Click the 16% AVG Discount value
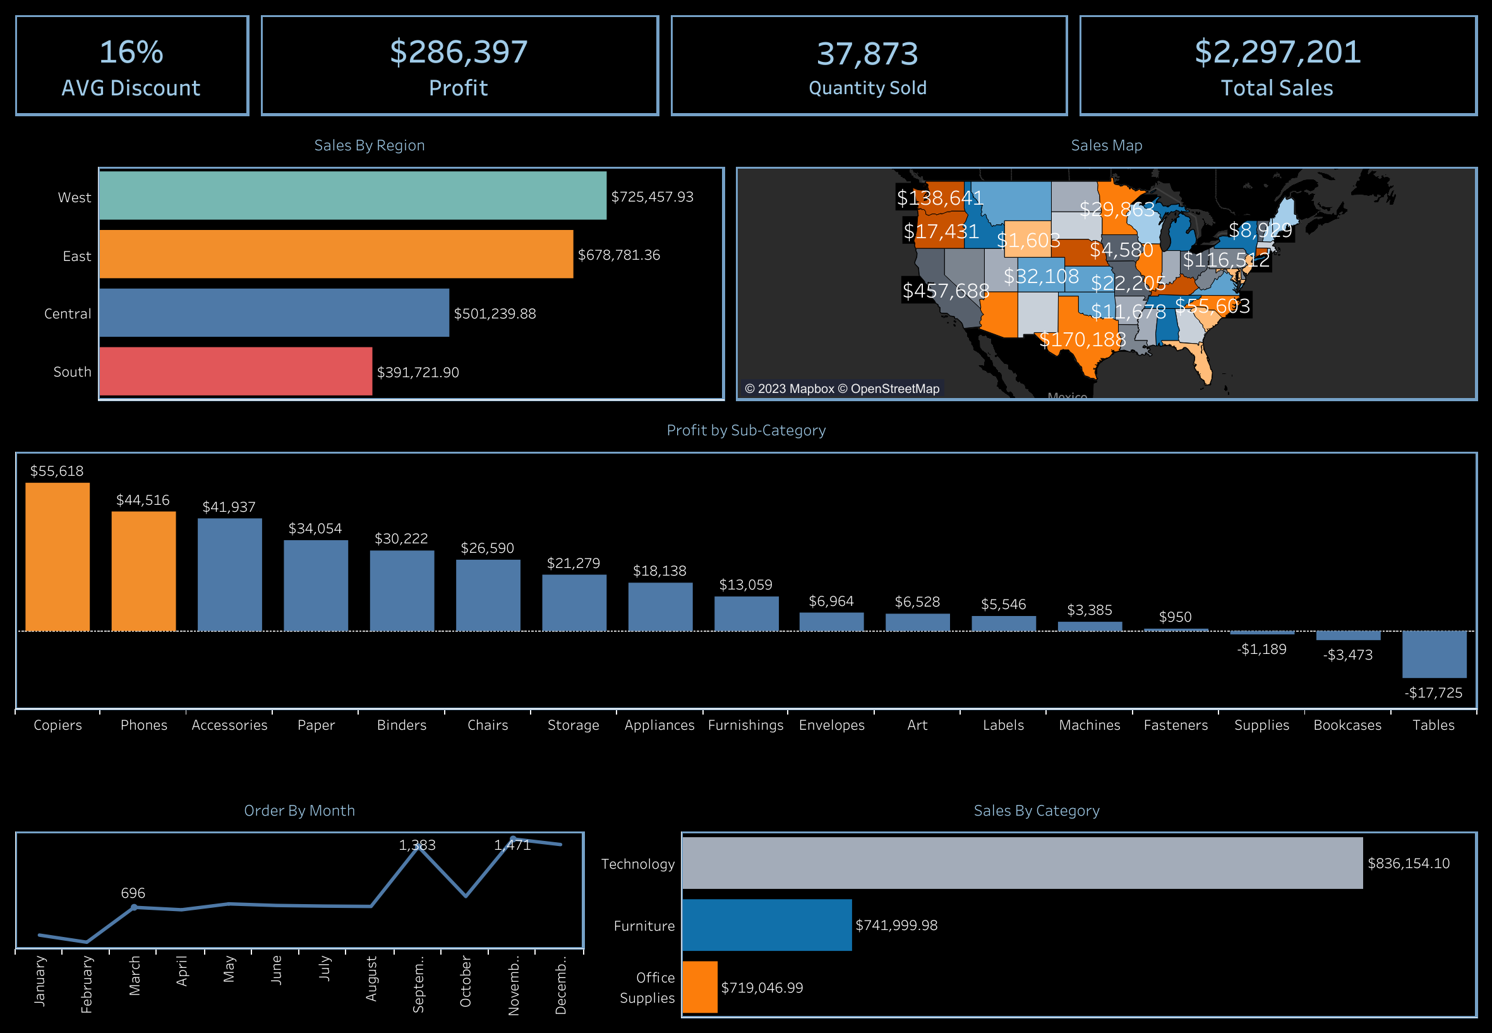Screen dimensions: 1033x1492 click(131, 52)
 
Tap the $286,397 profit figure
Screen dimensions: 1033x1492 click(459, 52)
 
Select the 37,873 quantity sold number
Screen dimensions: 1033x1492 click(867, 54)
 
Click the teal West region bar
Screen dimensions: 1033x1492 click(352, 195)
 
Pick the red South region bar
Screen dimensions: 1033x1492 click(236, 372)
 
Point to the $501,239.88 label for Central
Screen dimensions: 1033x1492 click(495, 314)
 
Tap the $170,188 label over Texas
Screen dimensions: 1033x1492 click(1082, 339)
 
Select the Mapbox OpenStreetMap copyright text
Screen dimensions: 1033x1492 click(841, 389)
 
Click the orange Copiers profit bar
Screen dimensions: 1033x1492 click(57, 557)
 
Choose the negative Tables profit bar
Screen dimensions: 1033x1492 click(1433, 655)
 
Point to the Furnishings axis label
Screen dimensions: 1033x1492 click(745, 725)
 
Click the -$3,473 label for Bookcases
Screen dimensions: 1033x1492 click(1347, 655)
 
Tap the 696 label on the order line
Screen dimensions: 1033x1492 click(133, 893)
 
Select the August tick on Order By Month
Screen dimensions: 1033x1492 click(371, 977)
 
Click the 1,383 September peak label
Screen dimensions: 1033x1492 click(417, 845)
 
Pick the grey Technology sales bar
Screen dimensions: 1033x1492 click(1021, 863)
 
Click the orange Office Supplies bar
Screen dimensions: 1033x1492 click(699, 987)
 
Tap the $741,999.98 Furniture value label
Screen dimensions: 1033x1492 click(896, 926)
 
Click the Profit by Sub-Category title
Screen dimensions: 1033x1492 click(745, 430)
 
